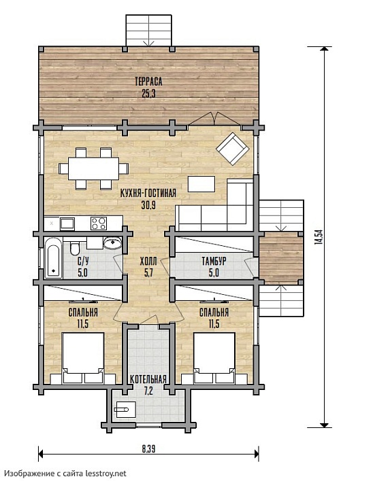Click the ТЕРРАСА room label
148,82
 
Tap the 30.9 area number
148,205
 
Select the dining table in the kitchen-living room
93,168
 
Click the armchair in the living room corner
233,149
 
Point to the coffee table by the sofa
201,183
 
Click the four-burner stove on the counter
99,223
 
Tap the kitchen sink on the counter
67,224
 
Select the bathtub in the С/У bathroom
53,261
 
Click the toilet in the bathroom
75,248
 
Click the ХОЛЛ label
148,262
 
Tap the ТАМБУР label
214,261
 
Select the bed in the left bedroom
83,357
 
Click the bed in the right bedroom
214,357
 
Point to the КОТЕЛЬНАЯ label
148,379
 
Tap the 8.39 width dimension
148,449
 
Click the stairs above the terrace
148,31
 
